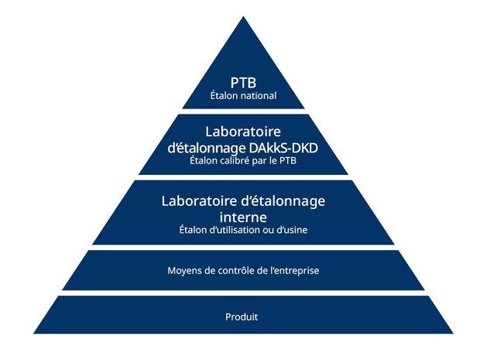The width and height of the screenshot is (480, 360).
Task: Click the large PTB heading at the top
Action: [x=243, y=83]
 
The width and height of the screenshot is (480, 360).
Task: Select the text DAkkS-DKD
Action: [x=283, y=148]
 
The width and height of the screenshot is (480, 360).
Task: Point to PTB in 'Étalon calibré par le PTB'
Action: [x=288, y=161]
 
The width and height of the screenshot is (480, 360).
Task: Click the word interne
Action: [x=243, y=217]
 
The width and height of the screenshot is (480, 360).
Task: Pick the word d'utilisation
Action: [x=232, y=230]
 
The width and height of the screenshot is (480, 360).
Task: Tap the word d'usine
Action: [x=292, y=230]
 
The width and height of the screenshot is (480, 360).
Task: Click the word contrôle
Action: [x=238, y=271]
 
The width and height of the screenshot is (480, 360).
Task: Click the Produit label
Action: [x=242, y=317]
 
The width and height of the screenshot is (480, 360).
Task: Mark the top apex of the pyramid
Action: [x=243, y=16]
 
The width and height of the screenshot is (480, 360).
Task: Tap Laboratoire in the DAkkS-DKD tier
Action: [x=243, y=132]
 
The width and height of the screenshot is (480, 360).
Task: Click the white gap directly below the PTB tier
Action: [x=243, y=111]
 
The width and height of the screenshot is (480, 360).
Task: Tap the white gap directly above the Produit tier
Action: [x=243, y=293]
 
